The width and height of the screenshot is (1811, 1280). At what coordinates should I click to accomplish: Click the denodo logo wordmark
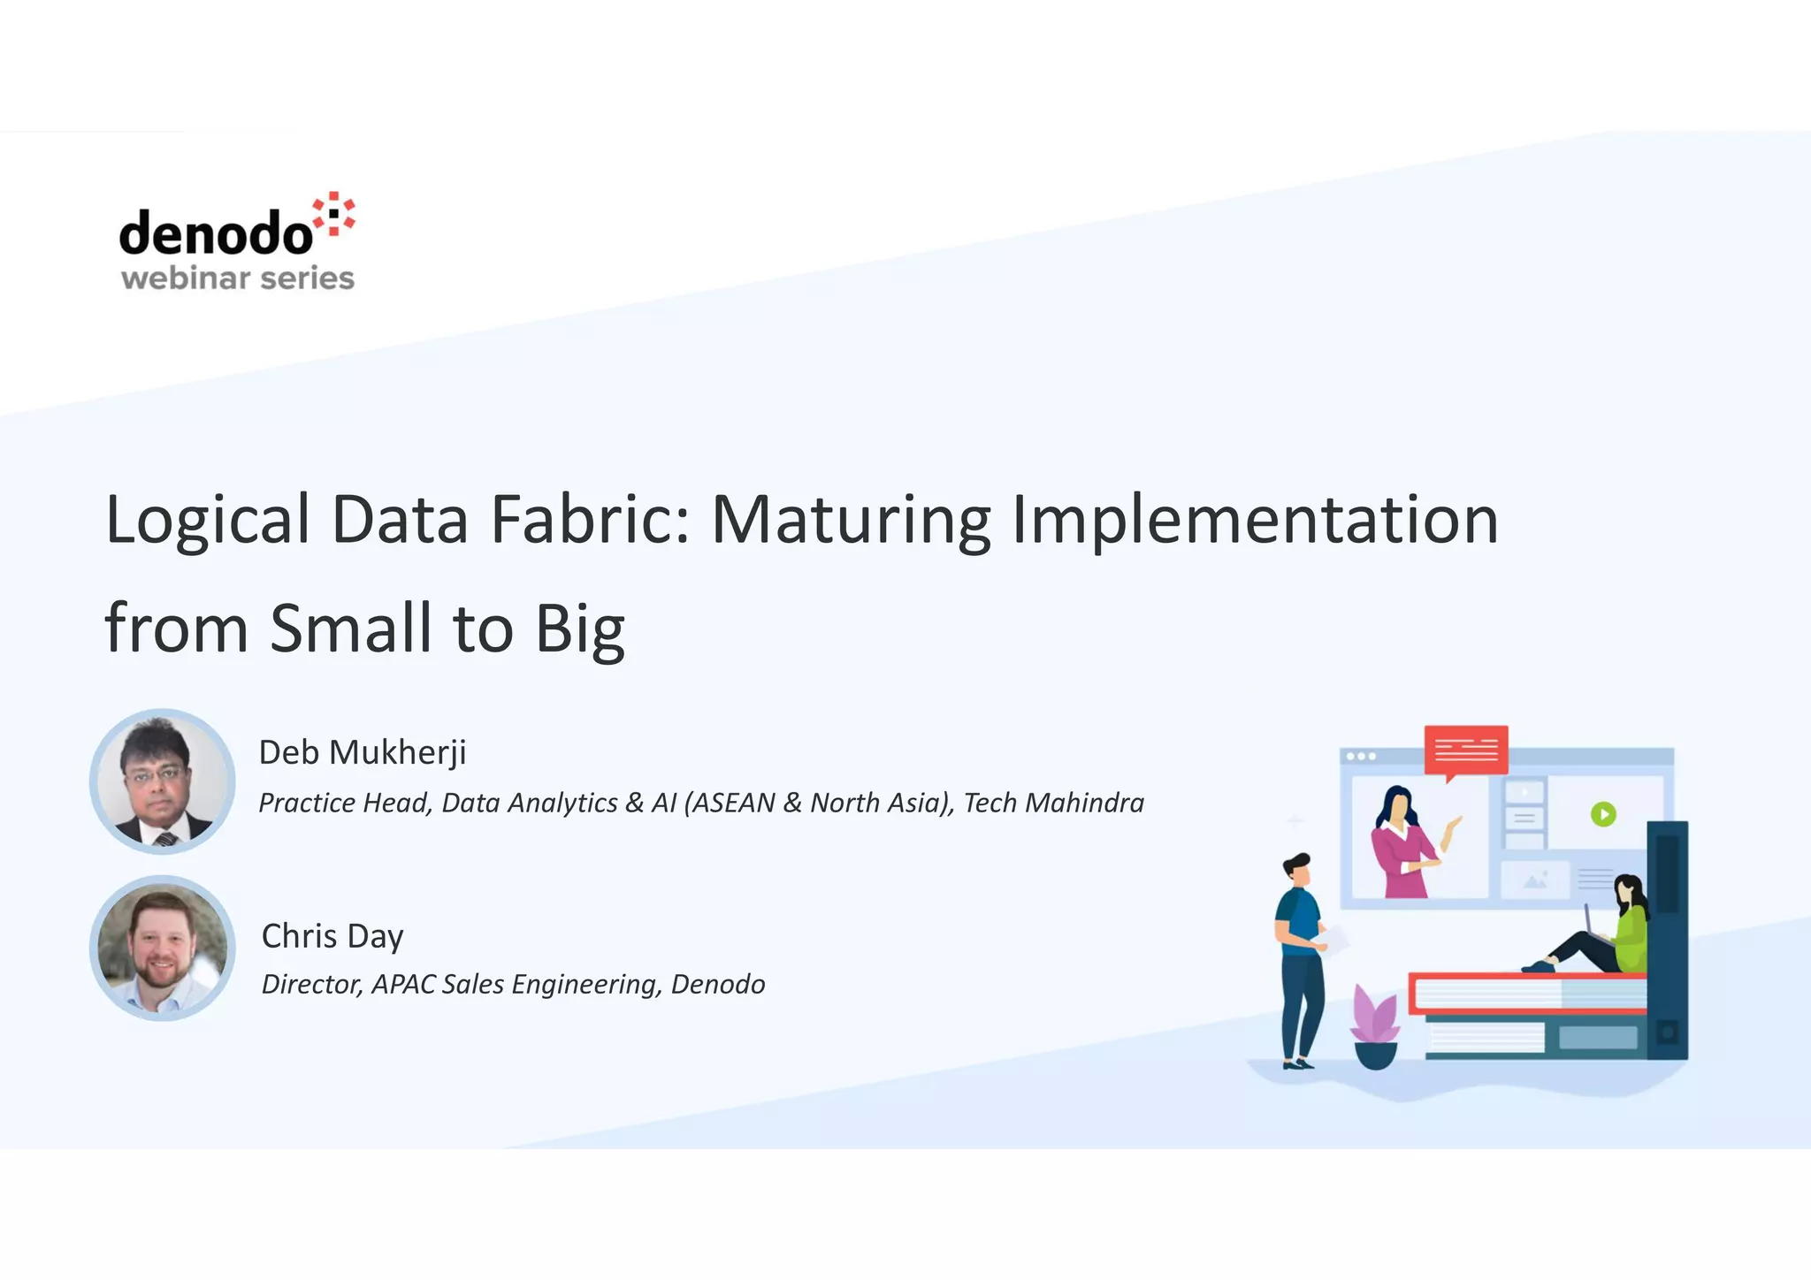216,233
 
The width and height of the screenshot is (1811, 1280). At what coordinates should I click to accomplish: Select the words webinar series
237,278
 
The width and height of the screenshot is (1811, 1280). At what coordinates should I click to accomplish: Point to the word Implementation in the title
1255,520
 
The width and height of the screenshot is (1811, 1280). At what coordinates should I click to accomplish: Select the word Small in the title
350,628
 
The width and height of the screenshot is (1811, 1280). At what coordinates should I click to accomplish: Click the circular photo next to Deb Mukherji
162,781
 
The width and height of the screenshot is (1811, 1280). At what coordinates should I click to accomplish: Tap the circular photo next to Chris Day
162,949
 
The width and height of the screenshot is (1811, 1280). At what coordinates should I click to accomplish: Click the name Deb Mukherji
362,752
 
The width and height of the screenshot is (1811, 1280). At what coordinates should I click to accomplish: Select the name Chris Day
332,936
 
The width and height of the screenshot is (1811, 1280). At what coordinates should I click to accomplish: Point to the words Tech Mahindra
1053,803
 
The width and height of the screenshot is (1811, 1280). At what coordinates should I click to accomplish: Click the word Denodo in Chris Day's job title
717,984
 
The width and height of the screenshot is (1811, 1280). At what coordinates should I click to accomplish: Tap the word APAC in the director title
403,984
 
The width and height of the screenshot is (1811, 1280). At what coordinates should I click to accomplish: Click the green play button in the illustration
1603,813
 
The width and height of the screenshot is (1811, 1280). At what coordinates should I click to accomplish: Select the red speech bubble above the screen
1466,750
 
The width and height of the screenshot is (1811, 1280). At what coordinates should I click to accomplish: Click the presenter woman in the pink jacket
1401,844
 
